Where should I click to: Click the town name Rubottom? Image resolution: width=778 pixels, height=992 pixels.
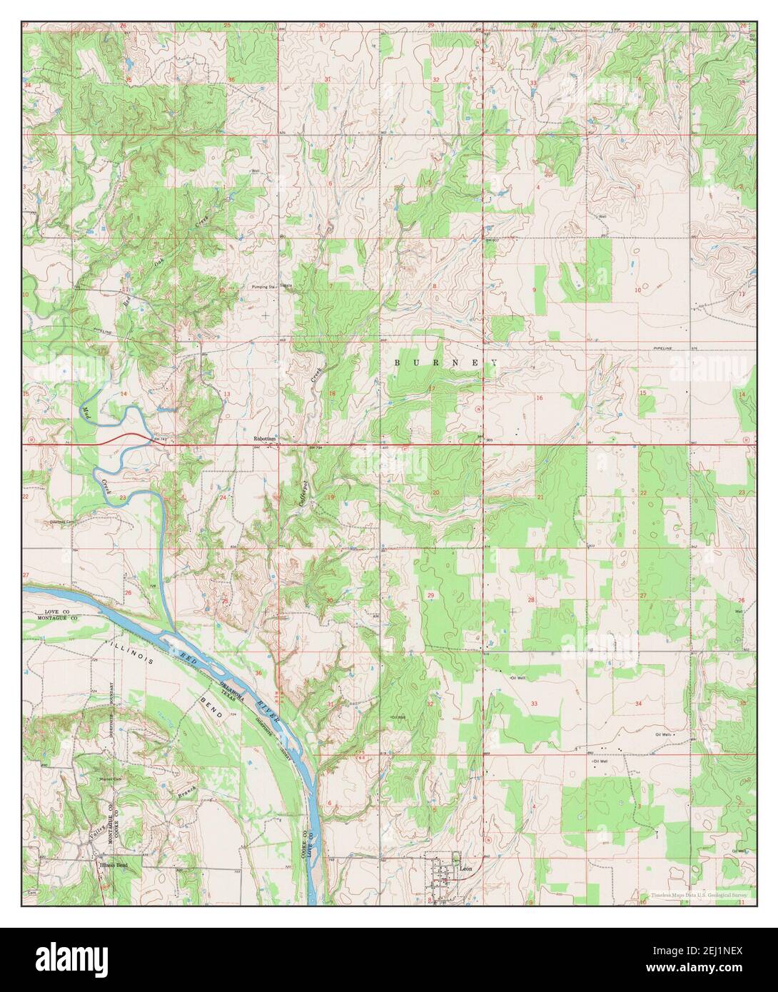click(x=265, y=439)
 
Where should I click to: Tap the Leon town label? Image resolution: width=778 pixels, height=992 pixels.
click(x=466, y=869)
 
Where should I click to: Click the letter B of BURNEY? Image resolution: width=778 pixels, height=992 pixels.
click(x=398, y=363)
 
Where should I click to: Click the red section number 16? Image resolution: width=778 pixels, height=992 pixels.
click(x=540, y=398)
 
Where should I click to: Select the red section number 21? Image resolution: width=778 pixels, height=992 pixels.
click(x=540, y=497)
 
